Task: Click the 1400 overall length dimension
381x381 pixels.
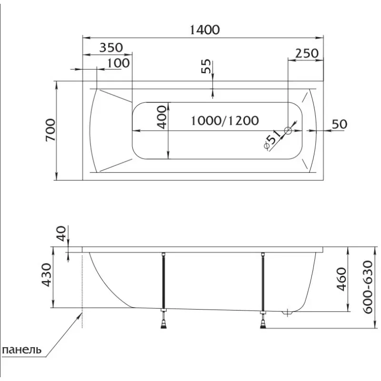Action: [205, 30]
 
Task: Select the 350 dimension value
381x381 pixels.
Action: [111, 48]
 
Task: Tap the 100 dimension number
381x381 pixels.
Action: [118, 63]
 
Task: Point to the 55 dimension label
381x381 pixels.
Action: [206, 66]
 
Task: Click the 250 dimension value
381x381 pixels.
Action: [306, 53]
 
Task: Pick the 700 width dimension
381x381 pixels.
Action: [50, 130]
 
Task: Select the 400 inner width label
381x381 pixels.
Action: [162, 117]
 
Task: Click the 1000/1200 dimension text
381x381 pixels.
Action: [225, 121]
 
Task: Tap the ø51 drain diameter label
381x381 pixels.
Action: [272, 140]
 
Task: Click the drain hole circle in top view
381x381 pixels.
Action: [288, 130]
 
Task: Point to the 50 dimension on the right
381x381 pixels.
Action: [340, 124]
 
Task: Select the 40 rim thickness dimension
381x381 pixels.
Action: [61, 233]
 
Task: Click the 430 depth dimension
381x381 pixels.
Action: [47, 275]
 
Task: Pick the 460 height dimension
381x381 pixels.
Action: [341, 279]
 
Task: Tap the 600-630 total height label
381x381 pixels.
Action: [368, 287]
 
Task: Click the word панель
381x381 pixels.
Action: [21, 350]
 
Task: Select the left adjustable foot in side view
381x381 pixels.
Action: [164, 319]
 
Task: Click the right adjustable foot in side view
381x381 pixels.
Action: [263, 320]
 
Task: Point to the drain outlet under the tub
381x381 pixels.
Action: [288, 313]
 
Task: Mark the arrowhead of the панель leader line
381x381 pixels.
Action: [81, 313]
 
